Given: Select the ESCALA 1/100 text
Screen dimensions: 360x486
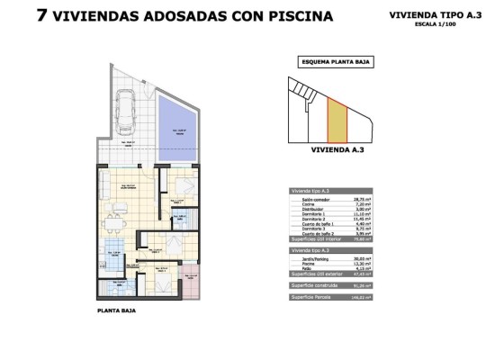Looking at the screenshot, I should point(431,25).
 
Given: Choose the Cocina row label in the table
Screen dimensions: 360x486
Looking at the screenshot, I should point(310,204).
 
